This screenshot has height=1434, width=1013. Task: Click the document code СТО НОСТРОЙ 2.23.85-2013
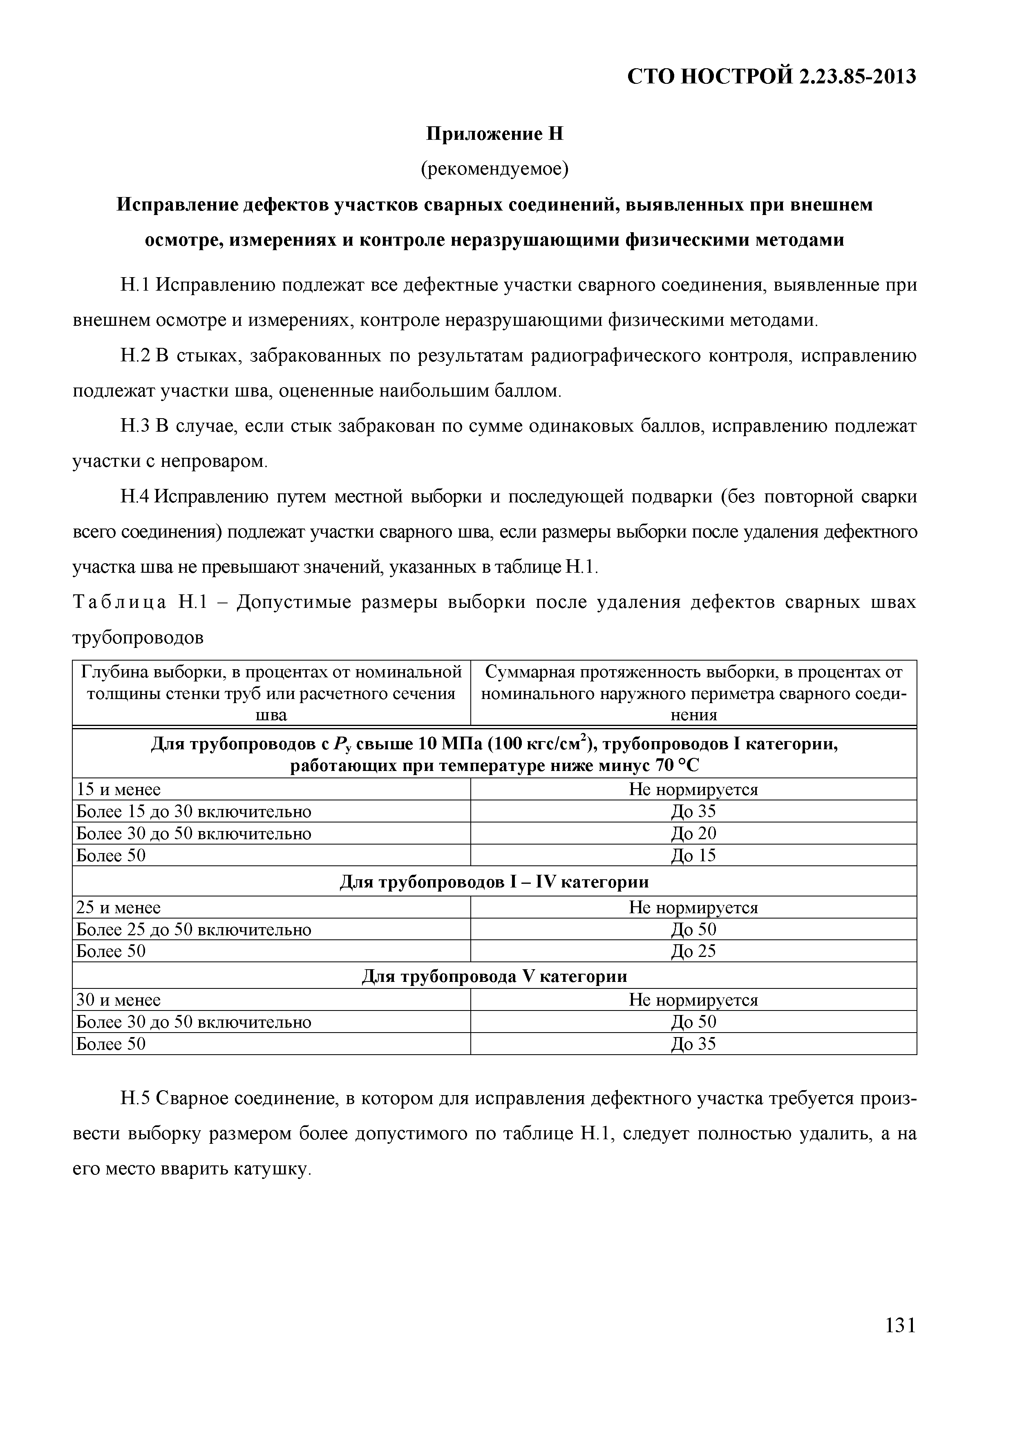pyautogui.click(x=771, y=77)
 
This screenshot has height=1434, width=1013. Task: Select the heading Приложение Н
pyautogui.click(x=494, y=134)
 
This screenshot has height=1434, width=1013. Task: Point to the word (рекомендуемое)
pyautogui.click(x=494, y=169)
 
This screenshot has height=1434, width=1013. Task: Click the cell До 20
pyautogui.click(x=693, y=833)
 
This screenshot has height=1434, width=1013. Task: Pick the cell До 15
pyautogui.click(x=693, y=855)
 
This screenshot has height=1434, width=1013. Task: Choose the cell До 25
pyautogui.click(x=693, y=951)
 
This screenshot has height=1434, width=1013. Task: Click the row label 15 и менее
pyautogui.click(x=118, y=789)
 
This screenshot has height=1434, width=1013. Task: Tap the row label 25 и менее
pyautogui.click(x=118, y=907)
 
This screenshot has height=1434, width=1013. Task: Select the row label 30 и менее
pyautogui.click(x=118, y=1000)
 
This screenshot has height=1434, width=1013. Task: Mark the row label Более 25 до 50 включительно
pyautogui.click(x=193, y=929)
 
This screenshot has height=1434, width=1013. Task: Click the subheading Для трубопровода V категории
pyautogui.click(x=494, y=976)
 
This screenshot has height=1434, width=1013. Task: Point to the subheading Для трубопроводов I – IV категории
pyautogui.click(x=494, y=881)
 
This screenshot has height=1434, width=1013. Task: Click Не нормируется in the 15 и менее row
pyautogui.click(x=693, y=789)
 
